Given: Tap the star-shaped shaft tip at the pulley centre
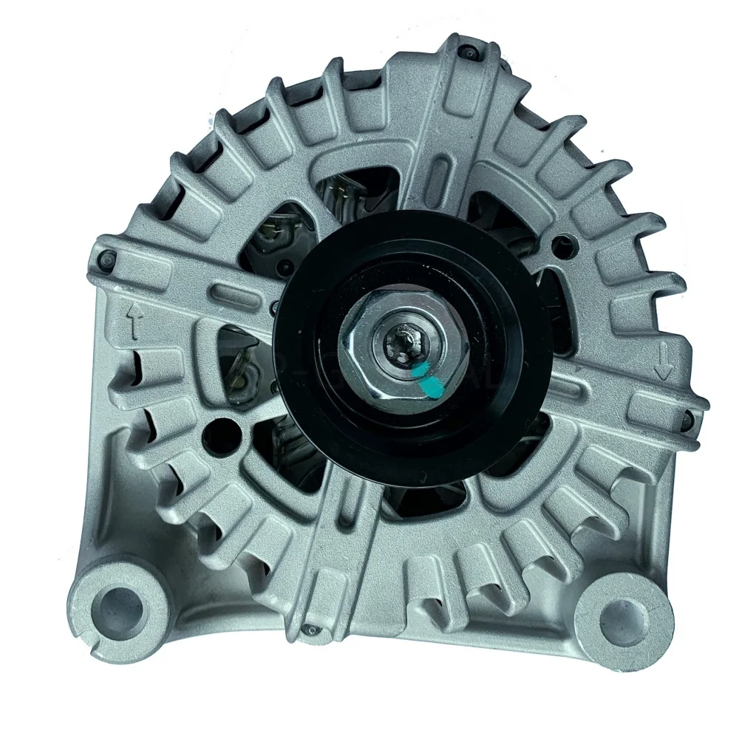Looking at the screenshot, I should [404, 341].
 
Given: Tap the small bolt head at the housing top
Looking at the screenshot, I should [468, 52].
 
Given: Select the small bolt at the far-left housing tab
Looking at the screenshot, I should [108, 259].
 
